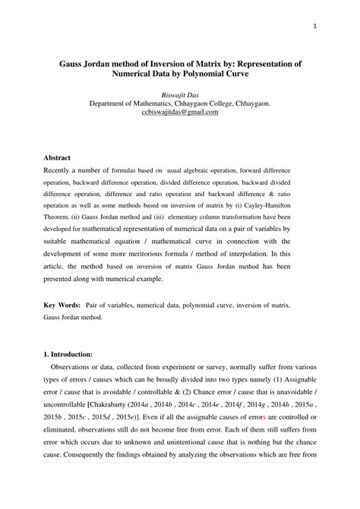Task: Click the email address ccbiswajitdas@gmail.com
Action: coord(179,112)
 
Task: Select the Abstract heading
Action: coord(58,157)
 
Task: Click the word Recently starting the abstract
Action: coord(62,172)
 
